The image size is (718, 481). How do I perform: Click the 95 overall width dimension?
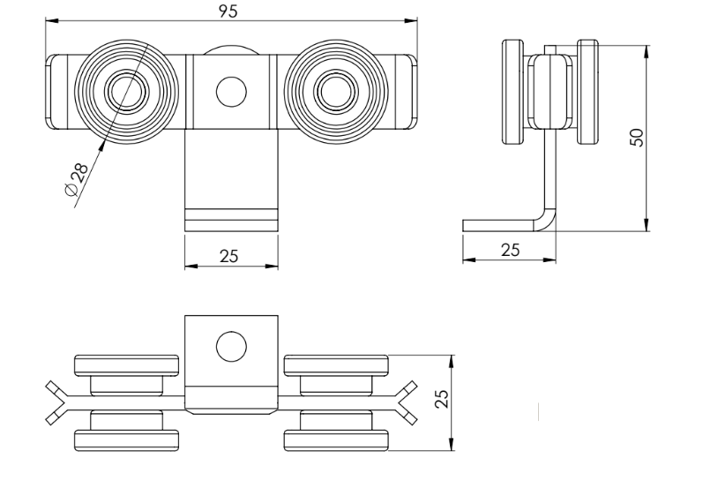click(x=232, y=10)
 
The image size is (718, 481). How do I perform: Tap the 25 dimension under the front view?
click(x=230, y=256)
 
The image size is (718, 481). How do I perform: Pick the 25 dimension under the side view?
click(x=510, y=250)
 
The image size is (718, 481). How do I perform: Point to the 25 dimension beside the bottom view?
click(x=444, y=399)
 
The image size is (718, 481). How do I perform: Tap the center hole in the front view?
click(x=231, y=91)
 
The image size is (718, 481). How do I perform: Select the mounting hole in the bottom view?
click(x=231, y=346)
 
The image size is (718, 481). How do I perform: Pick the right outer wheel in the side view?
click(x=588, y=92)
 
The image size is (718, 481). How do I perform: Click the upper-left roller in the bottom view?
click(x=128, y=366)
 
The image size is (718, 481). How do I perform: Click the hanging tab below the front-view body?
click(x=231, y=181)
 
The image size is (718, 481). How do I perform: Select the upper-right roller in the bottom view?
click(x=336, y=366)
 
